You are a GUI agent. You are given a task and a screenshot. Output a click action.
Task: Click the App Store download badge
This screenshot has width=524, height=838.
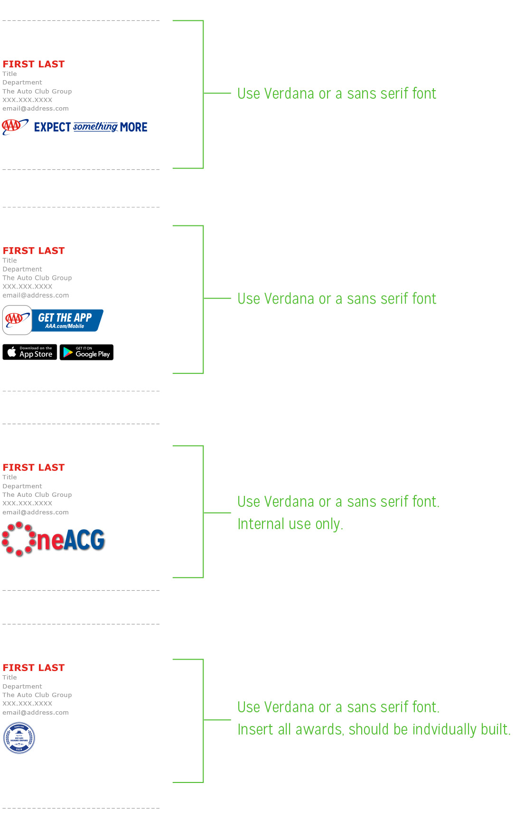(30, 352)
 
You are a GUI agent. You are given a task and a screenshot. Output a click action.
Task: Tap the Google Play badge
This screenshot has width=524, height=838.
(86, 352)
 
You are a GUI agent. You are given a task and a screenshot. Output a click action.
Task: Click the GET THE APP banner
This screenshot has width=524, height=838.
(53, 320)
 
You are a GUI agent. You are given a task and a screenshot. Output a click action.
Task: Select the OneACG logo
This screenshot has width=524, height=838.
(53, 540)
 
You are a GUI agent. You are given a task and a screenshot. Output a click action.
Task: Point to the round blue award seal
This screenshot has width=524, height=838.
(19, 738)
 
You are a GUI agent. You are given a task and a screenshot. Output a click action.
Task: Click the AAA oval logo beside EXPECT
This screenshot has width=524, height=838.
(15, 127)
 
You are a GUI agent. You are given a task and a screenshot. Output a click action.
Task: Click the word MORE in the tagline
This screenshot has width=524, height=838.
(134, 127)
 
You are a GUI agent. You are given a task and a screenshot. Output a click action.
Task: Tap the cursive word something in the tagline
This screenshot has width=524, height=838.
(95, 127)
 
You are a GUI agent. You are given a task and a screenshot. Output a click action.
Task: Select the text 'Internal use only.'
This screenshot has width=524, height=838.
(290, 524)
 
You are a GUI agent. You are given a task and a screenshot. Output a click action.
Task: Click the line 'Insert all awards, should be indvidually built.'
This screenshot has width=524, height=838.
(374, 729)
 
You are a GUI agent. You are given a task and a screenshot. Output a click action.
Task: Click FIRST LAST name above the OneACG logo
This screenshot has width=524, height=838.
(34, 467)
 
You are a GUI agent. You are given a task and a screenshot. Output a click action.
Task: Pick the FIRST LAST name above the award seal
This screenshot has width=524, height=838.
(34, 668)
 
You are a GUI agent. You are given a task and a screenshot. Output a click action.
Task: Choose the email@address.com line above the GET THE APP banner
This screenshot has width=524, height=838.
(36, 295)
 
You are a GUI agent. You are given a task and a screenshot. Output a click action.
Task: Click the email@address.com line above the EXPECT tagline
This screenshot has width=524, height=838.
(36, 109)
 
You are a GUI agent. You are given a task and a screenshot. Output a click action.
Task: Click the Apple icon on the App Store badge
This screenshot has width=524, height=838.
(12, 352)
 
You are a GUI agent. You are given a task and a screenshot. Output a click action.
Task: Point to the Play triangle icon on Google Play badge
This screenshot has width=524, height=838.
(68, 352)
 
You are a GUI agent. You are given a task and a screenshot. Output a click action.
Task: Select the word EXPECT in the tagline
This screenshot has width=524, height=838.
(52, 127)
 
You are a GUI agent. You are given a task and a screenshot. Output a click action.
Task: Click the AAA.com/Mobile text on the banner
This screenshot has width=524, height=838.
(65, 326)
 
